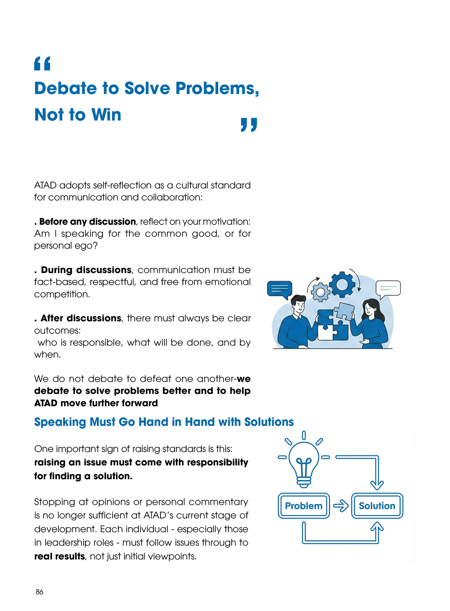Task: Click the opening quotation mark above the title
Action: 42,64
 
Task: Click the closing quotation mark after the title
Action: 249,125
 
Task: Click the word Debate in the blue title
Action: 66,89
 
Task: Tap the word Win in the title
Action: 106,115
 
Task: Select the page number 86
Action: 40,592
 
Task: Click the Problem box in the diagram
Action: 304,506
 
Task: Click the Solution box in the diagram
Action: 377,506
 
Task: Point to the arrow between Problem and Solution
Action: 341,506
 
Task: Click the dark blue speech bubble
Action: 279,289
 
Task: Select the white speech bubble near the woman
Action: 388,288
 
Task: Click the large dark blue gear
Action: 342,285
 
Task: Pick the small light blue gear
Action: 320,292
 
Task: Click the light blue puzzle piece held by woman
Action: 343,311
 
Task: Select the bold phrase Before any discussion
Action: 87,222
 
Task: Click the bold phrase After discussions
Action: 81,318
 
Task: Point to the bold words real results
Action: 60,557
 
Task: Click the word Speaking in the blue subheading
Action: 60,422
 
